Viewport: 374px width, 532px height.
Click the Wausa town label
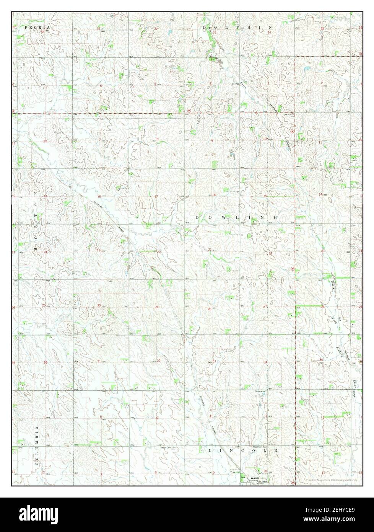(255, 478)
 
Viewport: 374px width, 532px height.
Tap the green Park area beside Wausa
(242, 477)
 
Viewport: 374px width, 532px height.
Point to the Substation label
(260, 392)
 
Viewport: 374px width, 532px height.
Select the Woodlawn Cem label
(259, 447)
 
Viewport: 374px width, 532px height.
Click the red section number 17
(156, 196)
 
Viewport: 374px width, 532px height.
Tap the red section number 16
(214, 195)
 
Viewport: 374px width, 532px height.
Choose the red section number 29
(156, 307)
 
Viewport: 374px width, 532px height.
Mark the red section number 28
(209, 309)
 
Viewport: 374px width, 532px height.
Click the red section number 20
(158, 251)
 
